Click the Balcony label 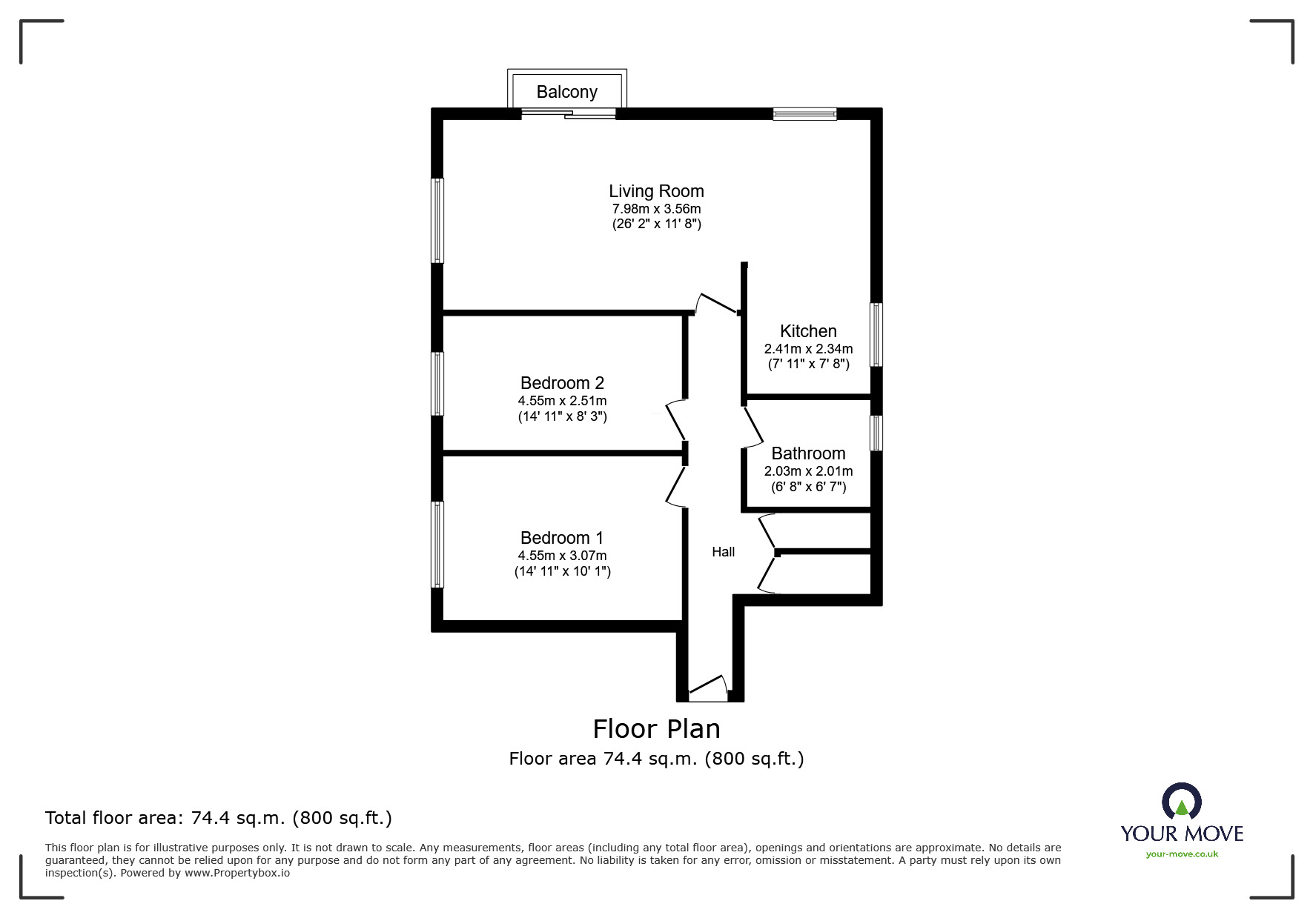click(566, 92)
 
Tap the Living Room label click(656, 191)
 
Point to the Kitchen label click(808, 331)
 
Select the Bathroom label click(808, 453)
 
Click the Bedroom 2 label click(562, 383)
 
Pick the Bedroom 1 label click(562, 538)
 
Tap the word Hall click(724, 552)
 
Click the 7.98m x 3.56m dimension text click(656, 209)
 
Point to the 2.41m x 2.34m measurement click(808, 348)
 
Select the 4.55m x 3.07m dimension click(562, 556)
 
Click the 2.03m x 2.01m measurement click(808, 471)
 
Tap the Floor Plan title click(656, 729)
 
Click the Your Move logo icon click(1181, 801)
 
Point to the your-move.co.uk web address click(1182, 854)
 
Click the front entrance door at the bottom click(708, 689)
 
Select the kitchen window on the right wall click(876, 334)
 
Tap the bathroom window click(876, 433)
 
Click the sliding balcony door click(569, 113)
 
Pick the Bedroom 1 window click(438, 545)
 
